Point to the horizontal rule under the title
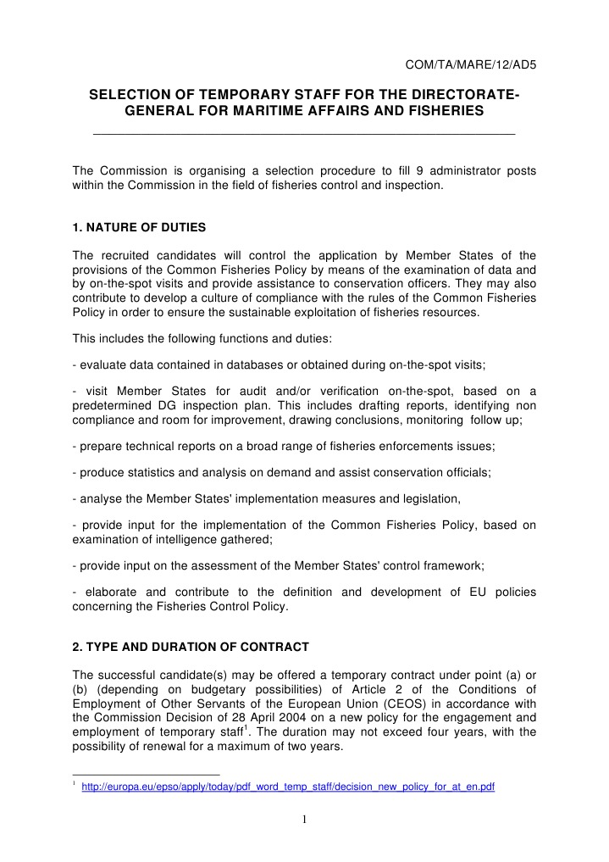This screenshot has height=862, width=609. [303, 134]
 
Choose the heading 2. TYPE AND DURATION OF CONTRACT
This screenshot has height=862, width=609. [191, 647]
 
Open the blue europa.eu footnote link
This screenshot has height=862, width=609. [287, 787]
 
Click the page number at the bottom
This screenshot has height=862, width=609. [304, 820]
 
